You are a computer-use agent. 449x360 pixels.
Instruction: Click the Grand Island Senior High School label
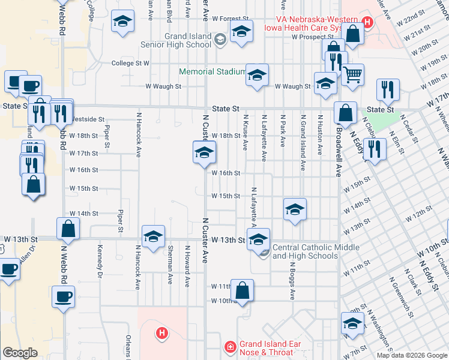tap(176, 40)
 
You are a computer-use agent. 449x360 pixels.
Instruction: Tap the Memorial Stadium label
tap(212, 71)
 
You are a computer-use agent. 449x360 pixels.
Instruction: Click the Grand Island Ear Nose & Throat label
tap(266, 348)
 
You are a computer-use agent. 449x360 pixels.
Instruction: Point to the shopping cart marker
tap(352, 74)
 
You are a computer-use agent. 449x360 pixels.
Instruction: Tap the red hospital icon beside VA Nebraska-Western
tap(367, 23)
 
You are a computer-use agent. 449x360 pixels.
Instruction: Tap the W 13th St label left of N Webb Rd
tap(19, 239)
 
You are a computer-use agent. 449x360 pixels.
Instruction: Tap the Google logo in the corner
tap(20, 353)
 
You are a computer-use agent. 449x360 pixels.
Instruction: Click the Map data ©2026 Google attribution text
tap(411, 355)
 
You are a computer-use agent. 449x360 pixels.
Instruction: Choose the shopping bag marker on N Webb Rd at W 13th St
tap(68, 229)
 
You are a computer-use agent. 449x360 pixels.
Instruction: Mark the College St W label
tap(130, 63)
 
